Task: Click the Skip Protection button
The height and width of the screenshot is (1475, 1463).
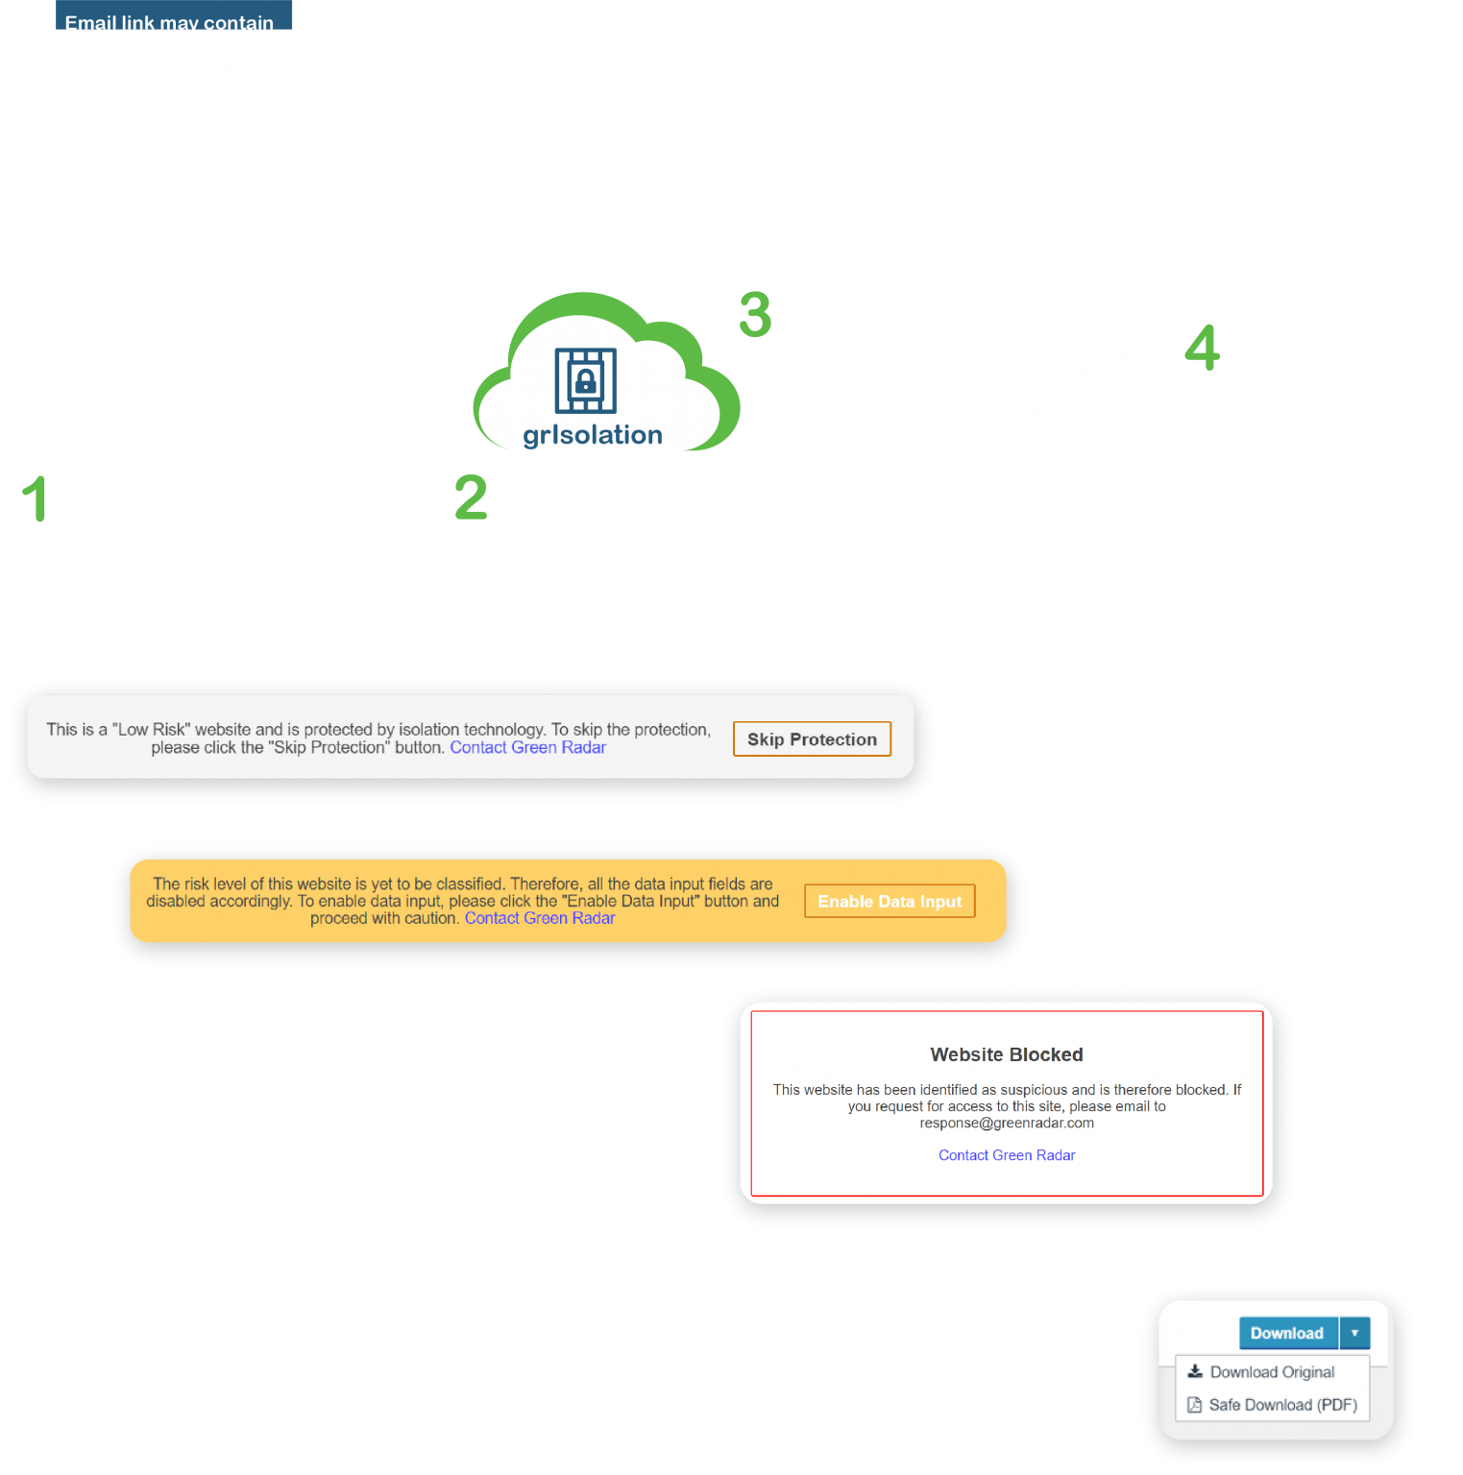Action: click(812, 739)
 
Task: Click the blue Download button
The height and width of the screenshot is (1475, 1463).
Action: click(1287, 1333)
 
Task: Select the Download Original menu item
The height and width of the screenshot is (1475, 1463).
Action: click(1272, 1372)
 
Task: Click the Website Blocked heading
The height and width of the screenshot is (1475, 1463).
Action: click(1006, 1054)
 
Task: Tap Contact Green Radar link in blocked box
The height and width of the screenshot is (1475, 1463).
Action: click(1006, 1155)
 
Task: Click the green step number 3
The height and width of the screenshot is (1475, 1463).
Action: click(755, 315)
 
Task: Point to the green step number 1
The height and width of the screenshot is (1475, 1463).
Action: click(36, 498)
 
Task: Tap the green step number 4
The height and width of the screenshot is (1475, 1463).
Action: click(1202, 348)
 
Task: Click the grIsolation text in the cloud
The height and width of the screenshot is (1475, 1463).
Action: click(593, 435)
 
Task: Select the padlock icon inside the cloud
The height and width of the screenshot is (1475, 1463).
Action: click(585, 380)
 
